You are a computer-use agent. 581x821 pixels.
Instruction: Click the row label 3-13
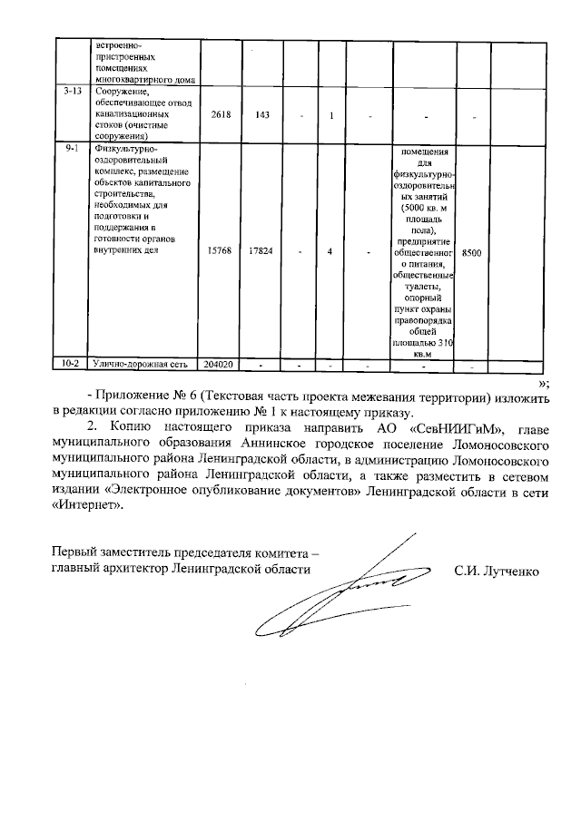71,92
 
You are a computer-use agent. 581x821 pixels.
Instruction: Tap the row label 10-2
71,365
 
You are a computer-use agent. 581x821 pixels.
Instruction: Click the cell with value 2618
221,115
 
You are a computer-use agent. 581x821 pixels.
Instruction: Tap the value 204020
221,365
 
